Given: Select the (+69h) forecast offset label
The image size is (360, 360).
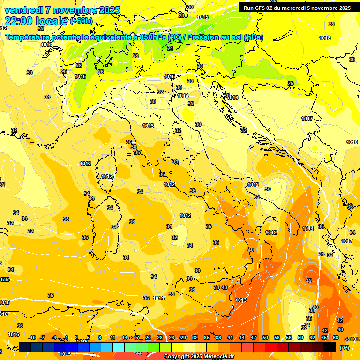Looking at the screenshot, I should point(81,21).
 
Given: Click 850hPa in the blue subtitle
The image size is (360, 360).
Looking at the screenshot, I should point(153,37).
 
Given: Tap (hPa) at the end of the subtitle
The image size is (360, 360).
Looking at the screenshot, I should point(254,37).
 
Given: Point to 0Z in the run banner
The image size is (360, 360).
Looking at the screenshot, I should point(273,8).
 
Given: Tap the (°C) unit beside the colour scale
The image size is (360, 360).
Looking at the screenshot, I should point(345,348).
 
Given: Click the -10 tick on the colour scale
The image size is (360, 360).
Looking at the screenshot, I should point(32,337).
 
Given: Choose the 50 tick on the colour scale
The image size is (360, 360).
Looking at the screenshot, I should point(265,337).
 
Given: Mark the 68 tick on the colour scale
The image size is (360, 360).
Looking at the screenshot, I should point(336,337).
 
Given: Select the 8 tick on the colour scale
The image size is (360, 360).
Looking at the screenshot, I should point(100,337).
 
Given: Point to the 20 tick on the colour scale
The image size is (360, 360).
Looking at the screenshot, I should point(148,337).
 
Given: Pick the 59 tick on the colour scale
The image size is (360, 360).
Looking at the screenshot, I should point(300,337).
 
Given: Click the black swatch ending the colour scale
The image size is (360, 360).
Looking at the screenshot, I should point(330,347).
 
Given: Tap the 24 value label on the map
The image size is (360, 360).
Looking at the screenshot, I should point(170,48).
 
